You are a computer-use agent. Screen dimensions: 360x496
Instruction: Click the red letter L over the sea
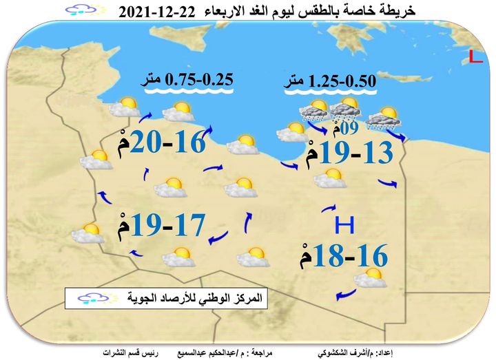(x=475, y=58)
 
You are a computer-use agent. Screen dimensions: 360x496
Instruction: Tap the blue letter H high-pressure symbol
(x=344, y=226)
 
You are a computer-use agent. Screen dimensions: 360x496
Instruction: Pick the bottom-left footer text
(x=127, y=353)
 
